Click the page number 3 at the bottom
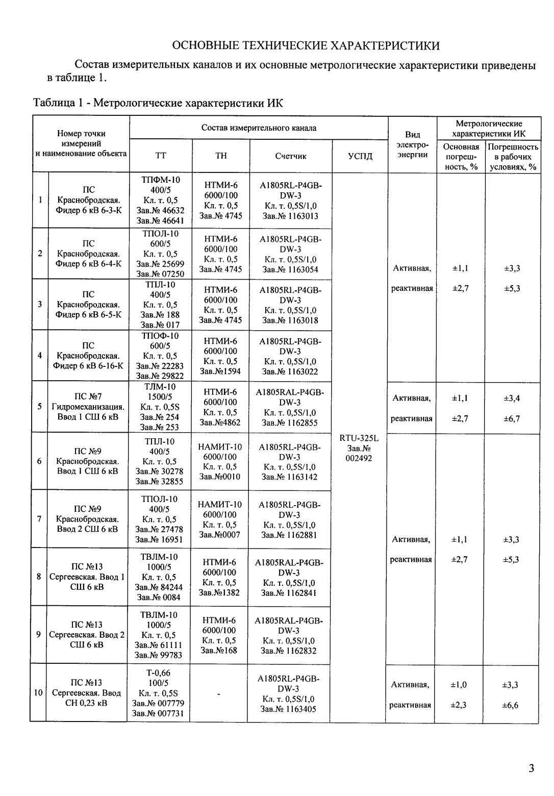531,768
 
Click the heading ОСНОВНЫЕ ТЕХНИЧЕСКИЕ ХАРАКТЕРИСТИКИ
306,45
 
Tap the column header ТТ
160,156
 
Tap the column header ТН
221,156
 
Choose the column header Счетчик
290,156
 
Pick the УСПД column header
360,156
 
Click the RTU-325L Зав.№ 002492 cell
359,448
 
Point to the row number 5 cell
39,407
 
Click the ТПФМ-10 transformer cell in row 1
160,200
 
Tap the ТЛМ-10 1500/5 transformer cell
160,407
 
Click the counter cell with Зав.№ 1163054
290,254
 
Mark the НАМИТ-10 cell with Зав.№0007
220,519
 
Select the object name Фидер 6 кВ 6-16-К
88,366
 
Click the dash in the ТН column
218,694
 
